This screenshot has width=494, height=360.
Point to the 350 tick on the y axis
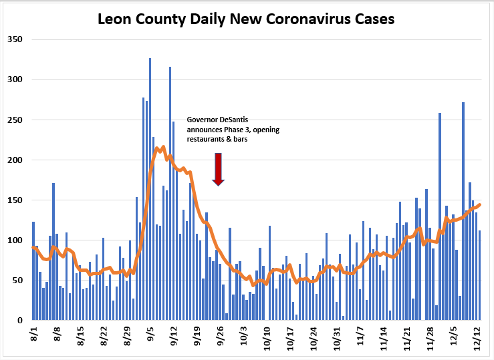[15, 39]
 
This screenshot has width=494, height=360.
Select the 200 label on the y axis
[15, 160]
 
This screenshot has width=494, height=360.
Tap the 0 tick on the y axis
[20, 321]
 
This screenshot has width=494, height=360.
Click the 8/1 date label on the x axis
[34, 334]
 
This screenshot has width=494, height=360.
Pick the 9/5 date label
[150, 334]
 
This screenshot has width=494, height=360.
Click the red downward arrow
[218, 169]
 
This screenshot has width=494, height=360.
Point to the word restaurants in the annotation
[205, 139]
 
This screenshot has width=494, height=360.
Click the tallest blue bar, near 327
[150, 189]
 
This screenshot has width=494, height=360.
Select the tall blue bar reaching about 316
[170, 193]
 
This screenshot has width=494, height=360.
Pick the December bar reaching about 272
[463, 211]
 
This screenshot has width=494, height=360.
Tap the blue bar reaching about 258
[440, 216]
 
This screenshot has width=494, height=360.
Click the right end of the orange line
[480, 204]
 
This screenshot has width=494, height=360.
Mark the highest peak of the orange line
[163, 147]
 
